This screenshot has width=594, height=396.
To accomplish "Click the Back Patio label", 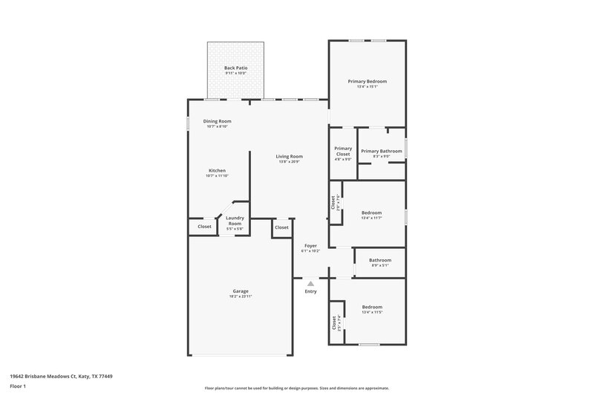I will [235, 68].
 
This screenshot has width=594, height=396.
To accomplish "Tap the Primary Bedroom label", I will [368, 81].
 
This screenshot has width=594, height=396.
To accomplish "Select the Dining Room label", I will [218, 121].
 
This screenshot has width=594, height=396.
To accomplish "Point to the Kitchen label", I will [217, 170].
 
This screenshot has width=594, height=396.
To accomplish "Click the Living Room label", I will [289, 156].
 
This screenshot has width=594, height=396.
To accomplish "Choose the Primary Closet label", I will [343, 151].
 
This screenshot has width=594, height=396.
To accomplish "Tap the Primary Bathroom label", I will [382, 151].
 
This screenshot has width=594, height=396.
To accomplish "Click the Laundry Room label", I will [235, 221].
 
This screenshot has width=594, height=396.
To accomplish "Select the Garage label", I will [240, 290].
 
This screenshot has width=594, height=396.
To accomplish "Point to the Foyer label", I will [310, 245].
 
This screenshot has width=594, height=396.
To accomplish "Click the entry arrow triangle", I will [310, 282].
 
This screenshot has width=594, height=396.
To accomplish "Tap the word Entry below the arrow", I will [310, 291].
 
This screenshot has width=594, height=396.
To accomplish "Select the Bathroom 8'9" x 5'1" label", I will [380, 260].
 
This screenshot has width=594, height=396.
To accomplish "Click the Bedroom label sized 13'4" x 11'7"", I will [371, 212].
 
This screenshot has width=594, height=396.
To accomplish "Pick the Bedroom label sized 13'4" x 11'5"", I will [372, 307].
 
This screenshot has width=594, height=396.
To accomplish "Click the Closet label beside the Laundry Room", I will [204, 227].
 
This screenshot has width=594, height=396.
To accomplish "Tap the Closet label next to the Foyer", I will [281, 227].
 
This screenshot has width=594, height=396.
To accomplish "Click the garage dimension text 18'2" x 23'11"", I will [240, 296].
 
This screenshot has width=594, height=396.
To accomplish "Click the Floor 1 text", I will [19, 387].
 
